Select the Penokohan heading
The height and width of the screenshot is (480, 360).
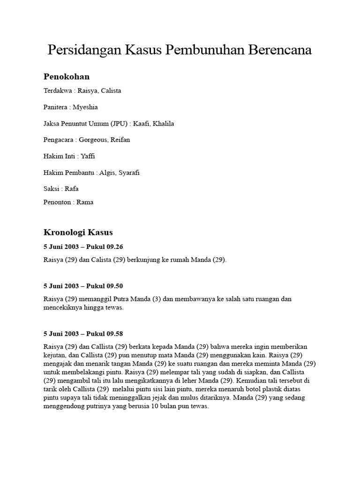pos(66,76)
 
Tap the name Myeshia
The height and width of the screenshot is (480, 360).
pos(85,107)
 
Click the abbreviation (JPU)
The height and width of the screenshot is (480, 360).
pos(119,124)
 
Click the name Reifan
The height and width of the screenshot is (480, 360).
pos(120,140)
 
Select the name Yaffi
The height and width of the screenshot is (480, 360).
pos(88,156)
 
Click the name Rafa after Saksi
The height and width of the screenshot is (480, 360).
pos(72,189)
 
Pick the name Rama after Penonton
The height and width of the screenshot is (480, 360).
pos(85,202)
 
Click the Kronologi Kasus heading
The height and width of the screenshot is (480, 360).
pos(78,232)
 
